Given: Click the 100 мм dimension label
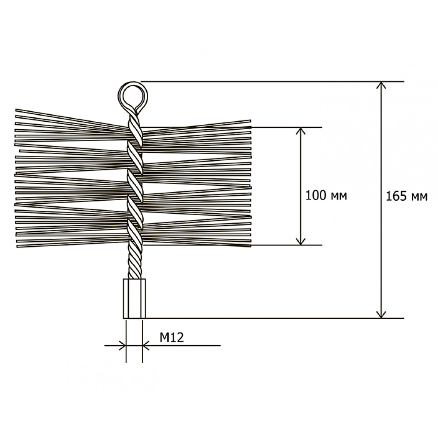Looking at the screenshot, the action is (326, 195).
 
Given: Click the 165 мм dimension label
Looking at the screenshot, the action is (406, 196).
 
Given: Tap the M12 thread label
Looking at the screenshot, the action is (172, 337).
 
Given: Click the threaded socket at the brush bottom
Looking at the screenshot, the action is (134, 298).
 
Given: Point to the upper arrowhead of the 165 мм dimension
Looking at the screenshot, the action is (381, 85).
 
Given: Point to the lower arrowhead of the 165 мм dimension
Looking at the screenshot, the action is (381, 314).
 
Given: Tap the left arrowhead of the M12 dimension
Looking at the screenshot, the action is (123, 346).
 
